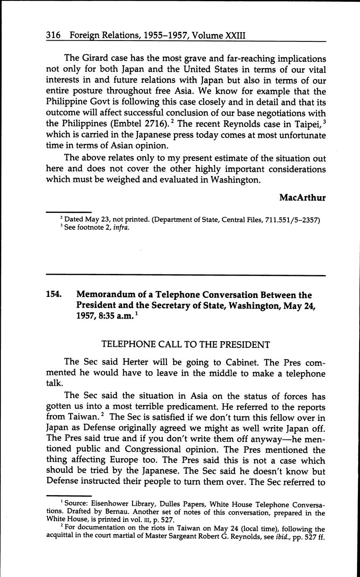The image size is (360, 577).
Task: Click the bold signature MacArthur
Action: tap(302, 197)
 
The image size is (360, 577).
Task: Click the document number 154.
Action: tap(54, 295)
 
